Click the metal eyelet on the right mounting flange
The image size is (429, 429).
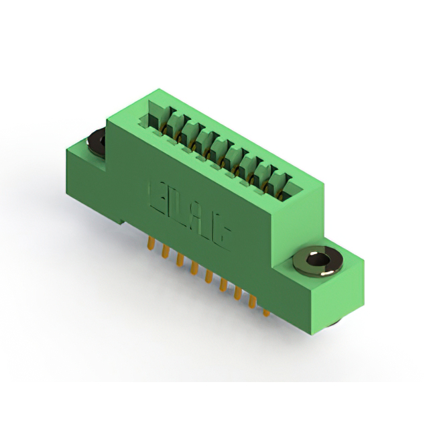click(318, 261)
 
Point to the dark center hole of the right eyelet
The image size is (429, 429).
click(318, 259)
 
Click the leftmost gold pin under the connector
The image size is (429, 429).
click(149, 242)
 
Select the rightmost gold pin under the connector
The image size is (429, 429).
click(266, 310)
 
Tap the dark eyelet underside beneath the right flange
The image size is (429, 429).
click(333, 323)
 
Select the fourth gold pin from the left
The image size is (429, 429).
click(194, 267)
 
